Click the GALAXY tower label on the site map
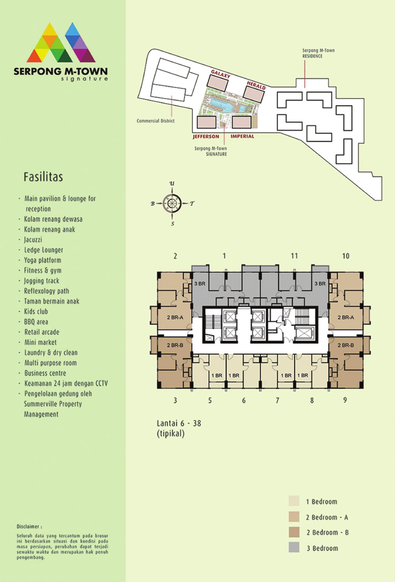tap(220, 74)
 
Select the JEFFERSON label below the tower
tap(206, 136)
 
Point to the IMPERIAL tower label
tap(242, 136)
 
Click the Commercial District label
tap(156, 121)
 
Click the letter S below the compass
tap(172, 224)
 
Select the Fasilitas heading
tap(43, 177)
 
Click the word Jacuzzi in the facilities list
tap(33, 240)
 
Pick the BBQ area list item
tap(36, 322)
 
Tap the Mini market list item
tap(40, 342)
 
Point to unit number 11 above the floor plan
tap(294, 256)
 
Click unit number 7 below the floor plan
tap(277, 400)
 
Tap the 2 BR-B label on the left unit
tap(175, 345)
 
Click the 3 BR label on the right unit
tap(320, 284)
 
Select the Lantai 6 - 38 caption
tap(179, 423)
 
